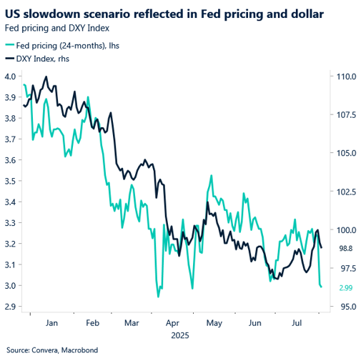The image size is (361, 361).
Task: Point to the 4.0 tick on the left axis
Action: click(x=11, y=76)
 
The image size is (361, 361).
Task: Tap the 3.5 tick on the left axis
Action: click(x=11, y=181)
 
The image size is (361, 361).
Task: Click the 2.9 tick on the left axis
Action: click(x=11, y=307)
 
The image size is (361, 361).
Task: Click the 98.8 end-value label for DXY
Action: click(x=345, y=248)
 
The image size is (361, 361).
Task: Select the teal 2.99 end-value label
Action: click(x=345, y=287)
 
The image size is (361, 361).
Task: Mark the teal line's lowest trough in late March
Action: click(x=157, y=296)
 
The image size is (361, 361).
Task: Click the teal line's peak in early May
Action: click(x=211, y=176)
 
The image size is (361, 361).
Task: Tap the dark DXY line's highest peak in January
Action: click(x=46, y=77)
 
